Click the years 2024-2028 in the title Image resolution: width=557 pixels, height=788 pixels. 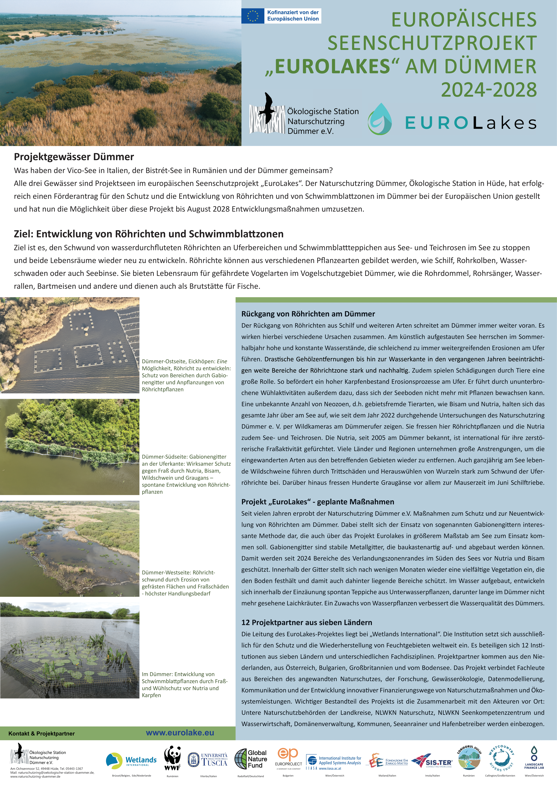point(489,90)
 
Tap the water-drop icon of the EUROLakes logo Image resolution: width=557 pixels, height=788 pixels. point(380,119)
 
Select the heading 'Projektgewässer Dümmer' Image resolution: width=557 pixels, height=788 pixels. point(74,157)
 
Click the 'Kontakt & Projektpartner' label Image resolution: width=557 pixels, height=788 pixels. point(41,733)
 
